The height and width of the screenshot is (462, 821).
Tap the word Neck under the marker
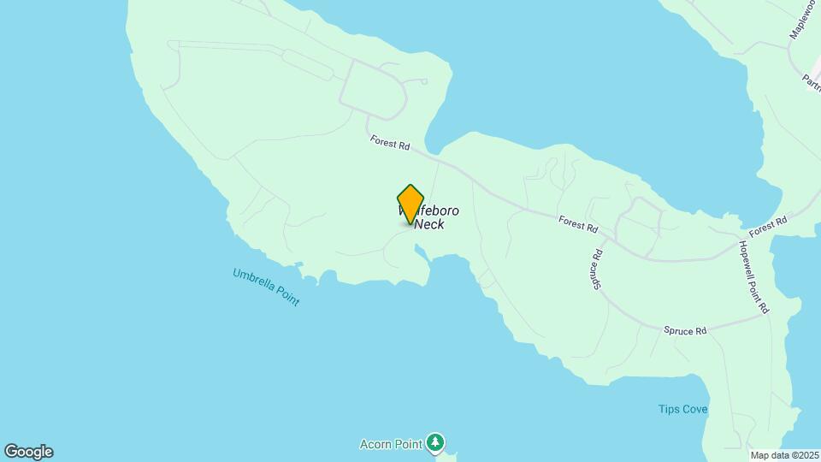tap(429, 225)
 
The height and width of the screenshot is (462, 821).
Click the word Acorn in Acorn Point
tap(377, 444)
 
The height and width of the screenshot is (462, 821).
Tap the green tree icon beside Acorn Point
tap(437, 442)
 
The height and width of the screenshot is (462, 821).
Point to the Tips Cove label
tap(682, 409)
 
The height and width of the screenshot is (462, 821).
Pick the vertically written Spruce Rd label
tap(598, 268)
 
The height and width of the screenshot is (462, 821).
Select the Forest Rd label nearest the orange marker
tap(389, 143)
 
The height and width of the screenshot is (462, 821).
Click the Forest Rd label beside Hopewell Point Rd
tap(766, 227)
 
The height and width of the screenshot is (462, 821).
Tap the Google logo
tap(28, 452)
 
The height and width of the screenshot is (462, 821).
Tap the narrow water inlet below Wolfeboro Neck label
tap(422, 255)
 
